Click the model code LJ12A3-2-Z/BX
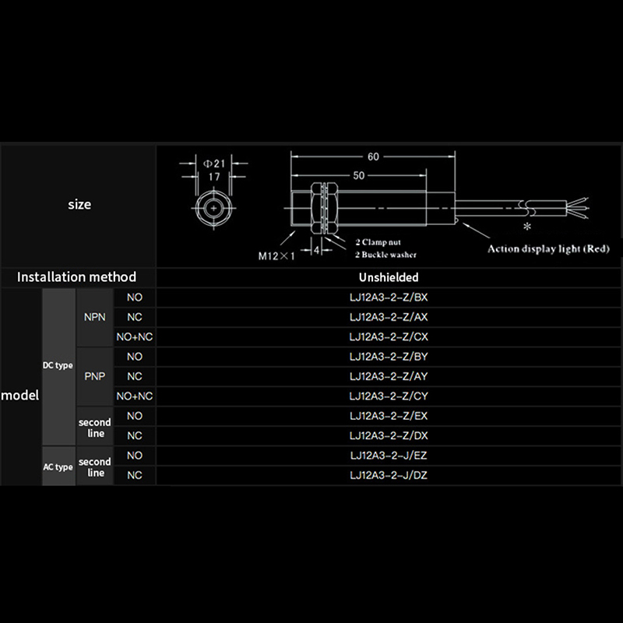[389, 297]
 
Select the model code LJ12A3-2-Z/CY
[389, 396]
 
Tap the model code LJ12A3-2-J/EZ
[389, 456]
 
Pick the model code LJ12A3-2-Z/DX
[389, 435]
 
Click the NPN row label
[94, 317]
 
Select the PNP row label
[94, 376]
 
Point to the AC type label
[58, 466]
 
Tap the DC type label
[58, 365]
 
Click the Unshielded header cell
[389, 277]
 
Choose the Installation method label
[76, 277]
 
